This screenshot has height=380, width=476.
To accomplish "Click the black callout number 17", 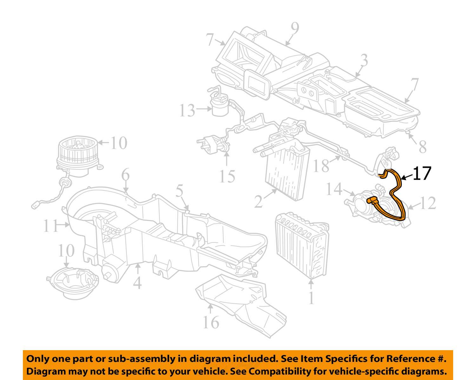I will (422, 173).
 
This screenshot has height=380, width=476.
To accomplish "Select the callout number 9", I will (295, 30).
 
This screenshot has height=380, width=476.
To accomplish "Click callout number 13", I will (187, 110).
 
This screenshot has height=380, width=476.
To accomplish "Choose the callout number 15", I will (227, 176).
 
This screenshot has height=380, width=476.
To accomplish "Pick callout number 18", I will (321, 166).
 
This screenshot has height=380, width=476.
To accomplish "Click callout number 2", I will (259, 201).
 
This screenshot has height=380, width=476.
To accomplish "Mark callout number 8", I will (422, 147).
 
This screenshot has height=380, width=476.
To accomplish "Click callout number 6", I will (126, 175).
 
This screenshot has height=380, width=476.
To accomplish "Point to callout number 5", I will (180, 192).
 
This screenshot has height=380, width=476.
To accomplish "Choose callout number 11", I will (50, 226).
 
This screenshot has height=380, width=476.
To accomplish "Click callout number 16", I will (211, 322).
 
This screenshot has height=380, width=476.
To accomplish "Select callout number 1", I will (311, 298).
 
